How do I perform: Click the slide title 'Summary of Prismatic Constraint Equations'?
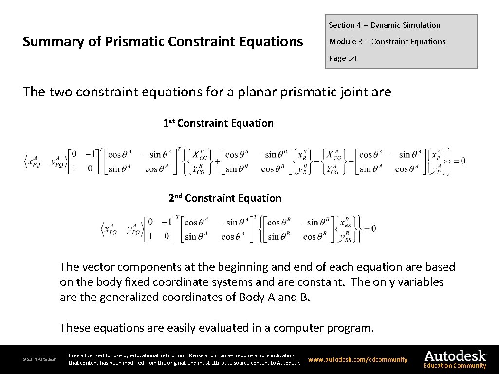tap(163, 42)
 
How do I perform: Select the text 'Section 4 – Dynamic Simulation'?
tap(384, 25)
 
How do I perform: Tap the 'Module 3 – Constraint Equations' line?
tap(387, 42)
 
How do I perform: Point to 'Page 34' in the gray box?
tap(343, 58)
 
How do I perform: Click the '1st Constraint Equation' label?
tap(218, 123)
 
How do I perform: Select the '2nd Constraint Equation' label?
tap(224, 198)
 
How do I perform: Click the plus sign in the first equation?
tap(217, 161)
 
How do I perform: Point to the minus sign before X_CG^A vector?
tap(317, 161)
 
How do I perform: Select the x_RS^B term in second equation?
tap(345, 223)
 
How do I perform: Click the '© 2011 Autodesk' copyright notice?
tap(39, 360)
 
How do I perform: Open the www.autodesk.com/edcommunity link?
tap(358, 360)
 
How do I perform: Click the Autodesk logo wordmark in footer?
tap(455, 356)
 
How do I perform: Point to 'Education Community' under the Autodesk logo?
tap(455, 366)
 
